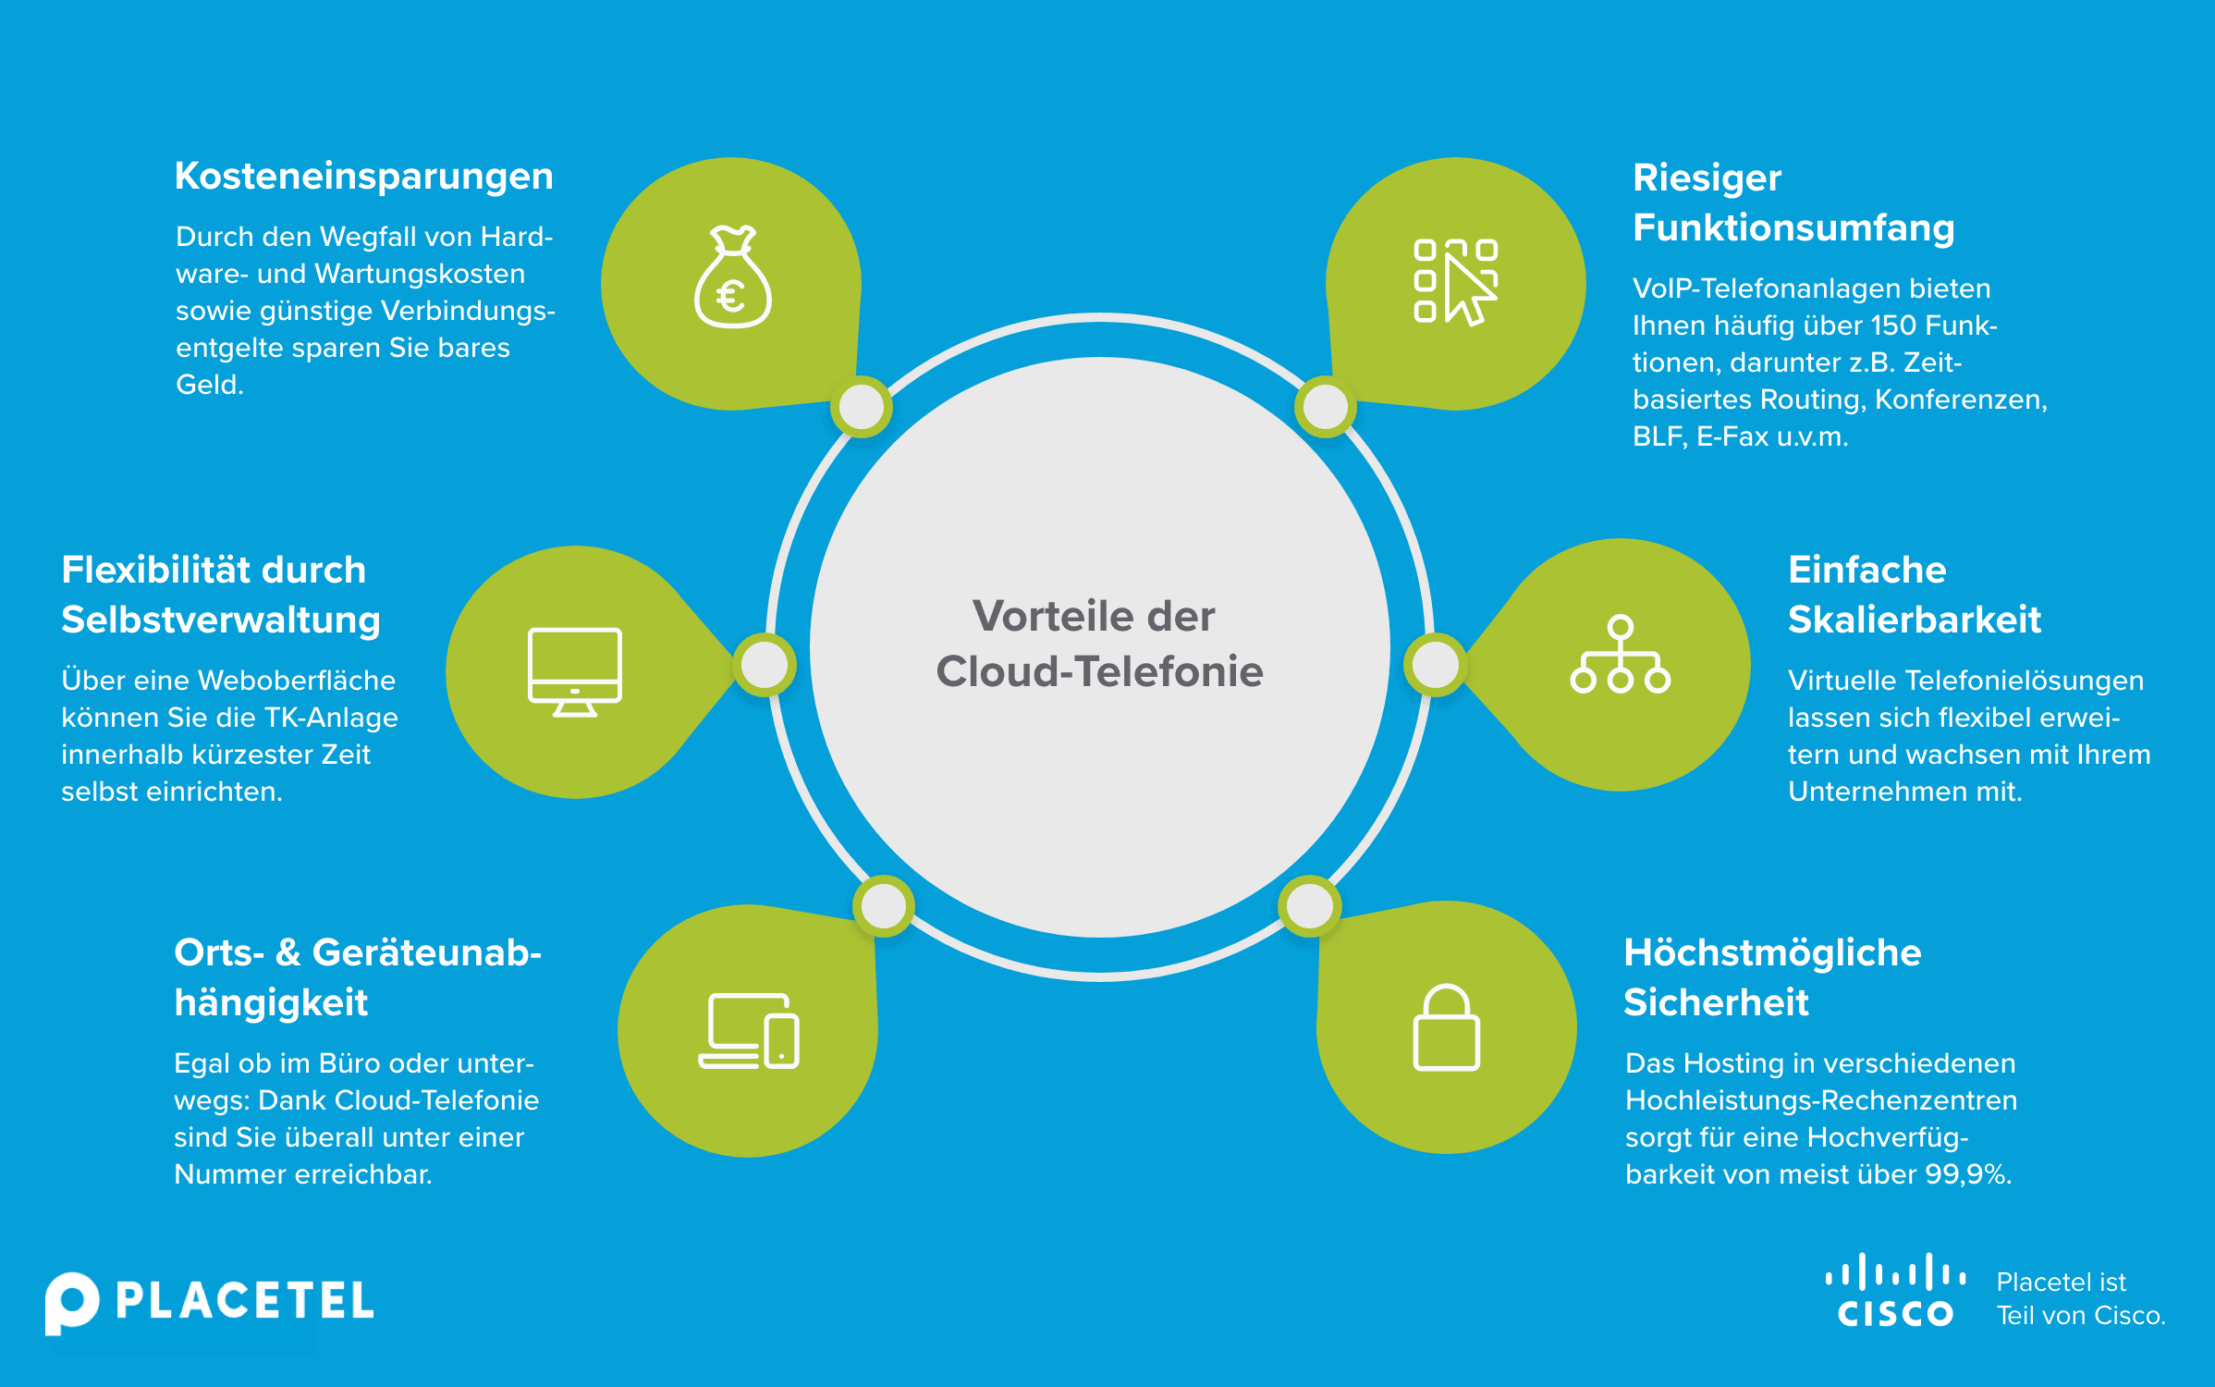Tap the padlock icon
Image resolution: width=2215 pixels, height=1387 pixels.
tap(1447, 1028)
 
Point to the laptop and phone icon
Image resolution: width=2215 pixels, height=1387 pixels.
tap(749, 1032)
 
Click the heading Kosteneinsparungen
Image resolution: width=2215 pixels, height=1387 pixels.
tap(364, 177)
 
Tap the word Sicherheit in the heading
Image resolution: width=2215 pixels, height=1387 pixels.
tap(1716, 1003)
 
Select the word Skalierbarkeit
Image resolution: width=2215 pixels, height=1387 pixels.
tap(1914, 620)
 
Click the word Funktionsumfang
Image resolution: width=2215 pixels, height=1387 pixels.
tap(1793, 228)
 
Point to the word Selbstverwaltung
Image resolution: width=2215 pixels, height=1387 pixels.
tap(221, 620)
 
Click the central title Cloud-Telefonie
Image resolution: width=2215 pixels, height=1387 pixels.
tap(1099, 672)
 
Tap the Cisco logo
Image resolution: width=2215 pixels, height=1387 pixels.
tap(1895, 1291)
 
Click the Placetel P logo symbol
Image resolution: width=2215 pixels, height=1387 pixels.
tap(71, 1302)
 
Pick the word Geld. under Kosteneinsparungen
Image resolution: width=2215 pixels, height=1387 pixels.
tap(210, 385)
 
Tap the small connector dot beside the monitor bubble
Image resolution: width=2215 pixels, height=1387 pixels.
tap(765, 665)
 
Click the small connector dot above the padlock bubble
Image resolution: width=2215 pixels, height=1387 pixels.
tap(1310, 906)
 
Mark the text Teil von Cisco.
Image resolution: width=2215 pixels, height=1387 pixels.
tap(2081, 1316)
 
